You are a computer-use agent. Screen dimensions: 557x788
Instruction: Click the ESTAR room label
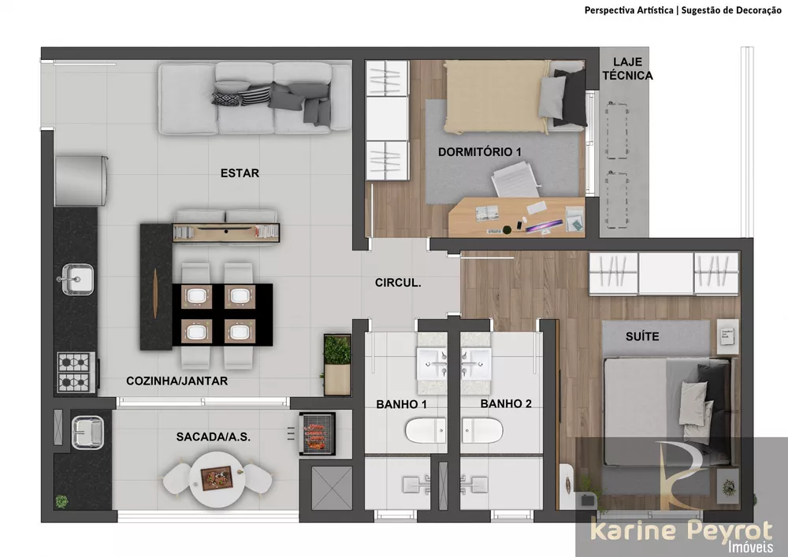click(x=240, y=173)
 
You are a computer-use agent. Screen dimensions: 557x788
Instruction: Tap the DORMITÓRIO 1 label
click(x=480, y=150)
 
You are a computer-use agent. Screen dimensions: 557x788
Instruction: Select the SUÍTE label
click(x=642, y=336)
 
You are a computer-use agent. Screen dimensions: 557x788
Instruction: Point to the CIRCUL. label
click(x=398, y=282)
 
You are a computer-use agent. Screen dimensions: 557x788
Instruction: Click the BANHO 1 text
click(x=401, y=404)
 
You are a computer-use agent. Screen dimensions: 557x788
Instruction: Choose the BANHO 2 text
click(x=506, y=404)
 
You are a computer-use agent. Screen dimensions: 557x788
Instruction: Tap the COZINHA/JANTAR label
click(x=177, y=381)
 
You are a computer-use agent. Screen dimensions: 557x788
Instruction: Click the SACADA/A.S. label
click(x=214, y=436)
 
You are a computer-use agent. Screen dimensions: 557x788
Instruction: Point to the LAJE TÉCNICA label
click(x=633, y=69)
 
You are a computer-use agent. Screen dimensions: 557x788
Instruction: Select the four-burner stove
click(x=76, y=373)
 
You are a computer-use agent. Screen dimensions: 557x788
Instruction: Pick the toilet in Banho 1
click(x=426, y=430)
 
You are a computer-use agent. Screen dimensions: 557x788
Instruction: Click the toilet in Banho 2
click(x=481, y=430)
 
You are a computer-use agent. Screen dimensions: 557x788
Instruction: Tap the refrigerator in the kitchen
click(x=80, y=180)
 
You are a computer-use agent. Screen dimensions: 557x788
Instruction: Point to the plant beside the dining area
click(x=337, y=350)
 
